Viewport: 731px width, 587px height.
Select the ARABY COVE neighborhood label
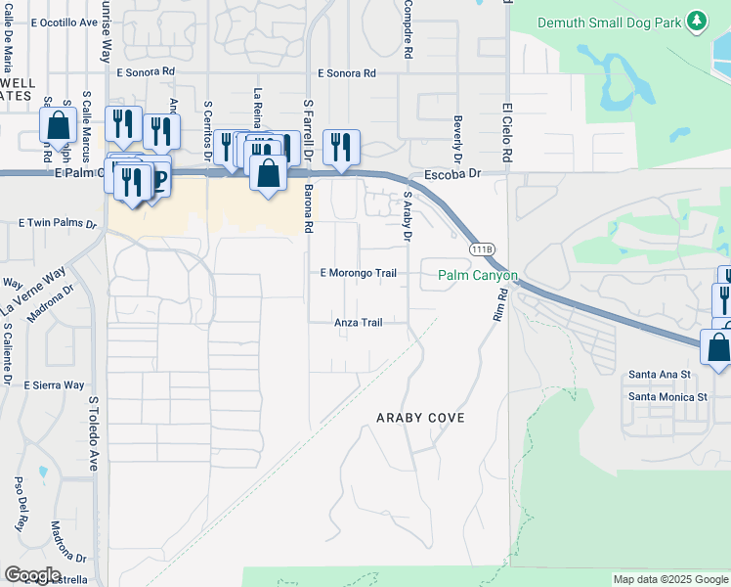tap(420, 418)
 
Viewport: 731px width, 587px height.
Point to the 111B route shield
tap(481, 250)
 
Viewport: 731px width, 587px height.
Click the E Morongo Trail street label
tap(359, 273)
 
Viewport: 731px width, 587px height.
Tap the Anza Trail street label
tap(358, 322)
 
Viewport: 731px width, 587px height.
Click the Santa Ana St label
tap(660, 374)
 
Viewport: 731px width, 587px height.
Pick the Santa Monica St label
tap(667, 397)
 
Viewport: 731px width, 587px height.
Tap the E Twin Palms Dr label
tap(58, 224)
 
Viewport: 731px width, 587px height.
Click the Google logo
tap(32, 575)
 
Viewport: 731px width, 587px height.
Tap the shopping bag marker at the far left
tap(59, 125)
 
